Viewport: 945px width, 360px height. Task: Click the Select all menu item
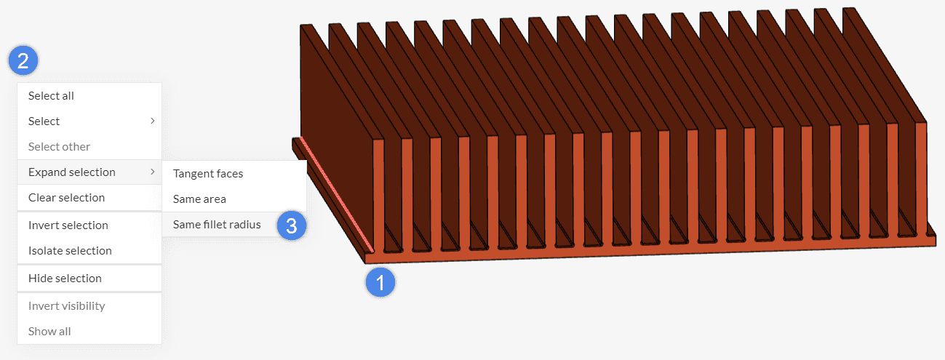[51, 96]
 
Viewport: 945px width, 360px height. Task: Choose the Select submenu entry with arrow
[44, 121]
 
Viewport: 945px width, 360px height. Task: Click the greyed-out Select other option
[59, 147]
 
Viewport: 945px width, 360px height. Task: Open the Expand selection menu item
[71, 172]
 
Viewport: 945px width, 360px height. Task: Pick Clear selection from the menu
[66, 198]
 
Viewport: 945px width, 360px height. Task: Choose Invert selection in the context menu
[68, 225]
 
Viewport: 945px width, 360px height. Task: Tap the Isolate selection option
[70, 251]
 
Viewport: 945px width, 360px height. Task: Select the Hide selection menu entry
[65, 279]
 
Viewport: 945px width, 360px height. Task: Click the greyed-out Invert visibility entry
[66, 306]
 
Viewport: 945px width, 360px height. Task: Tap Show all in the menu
[49, 332]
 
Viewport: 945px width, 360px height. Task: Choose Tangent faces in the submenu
[208, 174]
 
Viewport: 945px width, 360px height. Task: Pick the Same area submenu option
[199, 199]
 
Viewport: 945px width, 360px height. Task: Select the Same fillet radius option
[217, 225]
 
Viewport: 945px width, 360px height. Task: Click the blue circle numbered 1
[380, 281]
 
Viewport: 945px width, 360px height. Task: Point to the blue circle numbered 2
[23, 60]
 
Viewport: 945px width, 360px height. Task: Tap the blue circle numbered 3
[291, 225]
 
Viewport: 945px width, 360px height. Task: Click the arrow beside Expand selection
[152, 172]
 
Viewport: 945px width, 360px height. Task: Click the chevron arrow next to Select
[152, 121]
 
